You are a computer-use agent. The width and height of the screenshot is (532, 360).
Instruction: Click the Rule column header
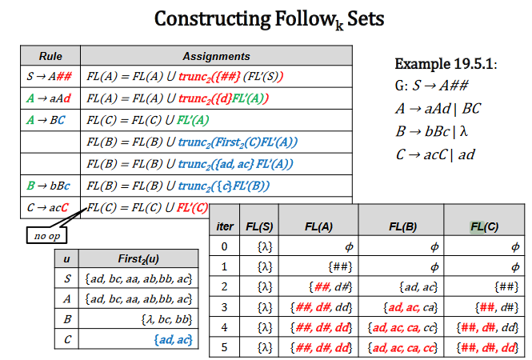click(50, 56)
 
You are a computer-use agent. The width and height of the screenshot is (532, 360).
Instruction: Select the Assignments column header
click(216, 56)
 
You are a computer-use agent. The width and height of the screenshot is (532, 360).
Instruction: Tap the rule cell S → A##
click(50, 78)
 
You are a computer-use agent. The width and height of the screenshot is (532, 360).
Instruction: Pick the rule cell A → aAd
click(50, 99)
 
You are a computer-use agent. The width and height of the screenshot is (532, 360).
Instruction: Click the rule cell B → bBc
click(50, 186)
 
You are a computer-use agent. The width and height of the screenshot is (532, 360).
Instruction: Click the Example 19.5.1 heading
click(446, 63)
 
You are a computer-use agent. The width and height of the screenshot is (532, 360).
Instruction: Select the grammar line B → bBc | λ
click(438, 131)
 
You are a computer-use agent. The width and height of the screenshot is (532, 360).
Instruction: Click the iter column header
click(226, 226)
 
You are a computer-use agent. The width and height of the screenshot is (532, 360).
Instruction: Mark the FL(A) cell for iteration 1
click(332, 266)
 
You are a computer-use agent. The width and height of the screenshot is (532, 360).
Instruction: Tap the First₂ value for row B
click(168, 320)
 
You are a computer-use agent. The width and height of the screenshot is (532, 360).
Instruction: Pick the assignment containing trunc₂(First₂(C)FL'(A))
click(192, 142)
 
